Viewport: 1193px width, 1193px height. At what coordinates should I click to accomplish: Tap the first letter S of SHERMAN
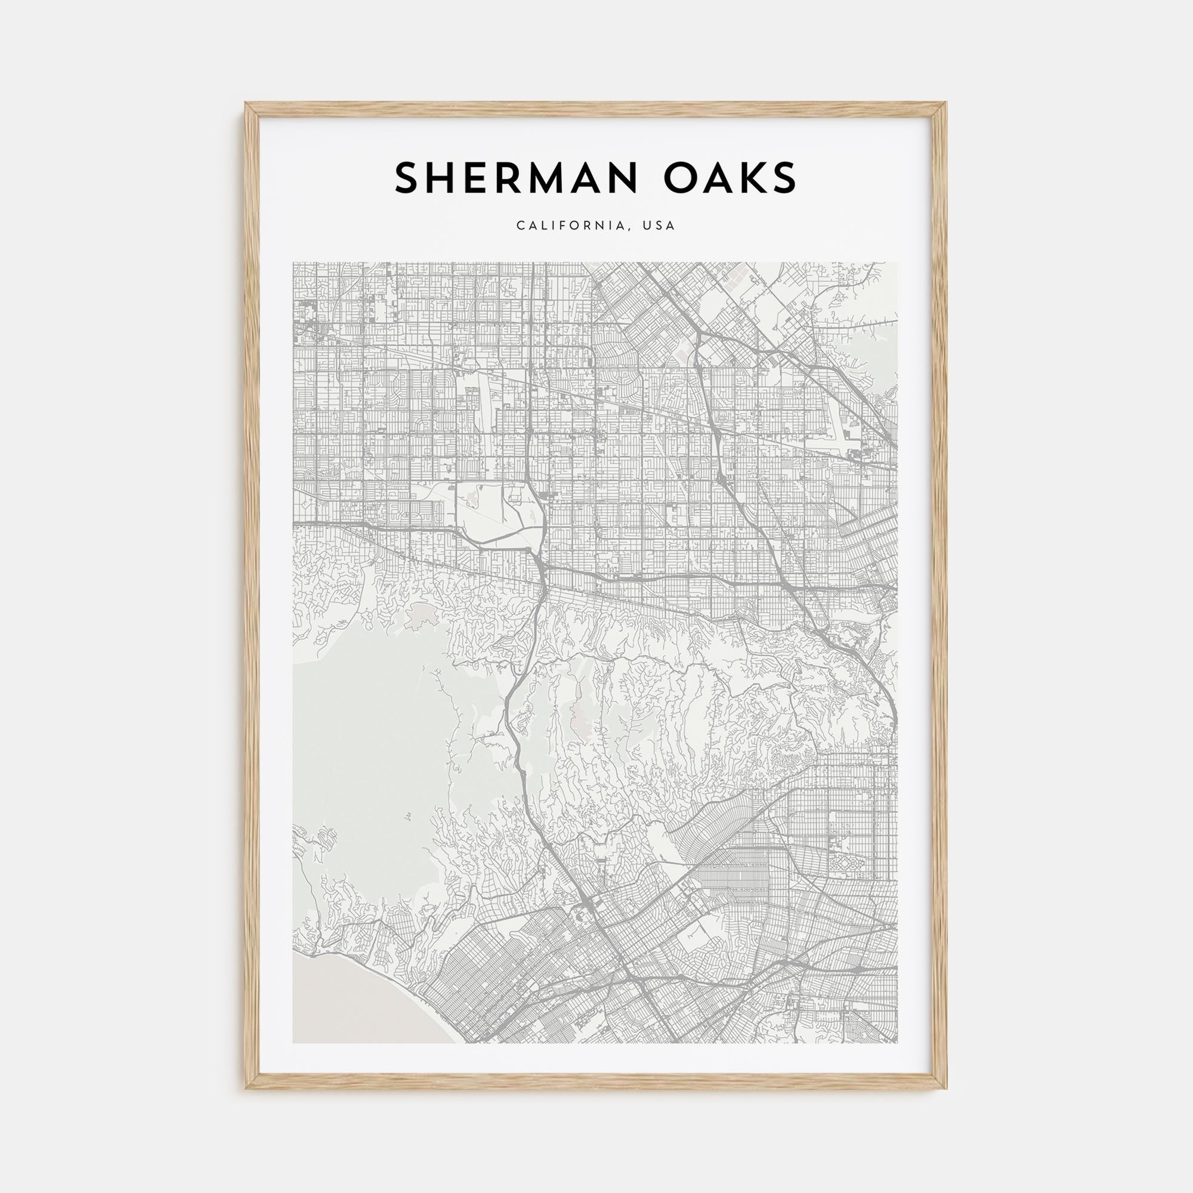(408, 178)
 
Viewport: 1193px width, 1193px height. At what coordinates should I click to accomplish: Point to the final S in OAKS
(784, 178)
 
